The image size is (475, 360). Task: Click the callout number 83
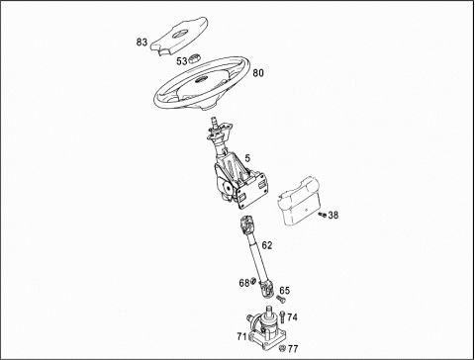click(142, 43)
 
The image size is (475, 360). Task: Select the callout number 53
click(181, 61)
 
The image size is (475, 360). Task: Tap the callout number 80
click(258, 73)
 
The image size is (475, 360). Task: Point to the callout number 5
click(247, 158)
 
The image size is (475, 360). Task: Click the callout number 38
click(333, 216)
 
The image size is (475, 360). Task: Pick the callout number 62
click(267, 245)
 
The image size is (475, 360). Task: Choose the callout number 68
click(244, 283)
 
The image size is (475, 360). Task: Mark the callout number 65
click(285, 291)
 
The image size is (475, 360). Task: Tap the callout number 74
click(292, 317)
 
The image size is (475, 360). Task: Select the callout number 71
click(241, 336)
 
